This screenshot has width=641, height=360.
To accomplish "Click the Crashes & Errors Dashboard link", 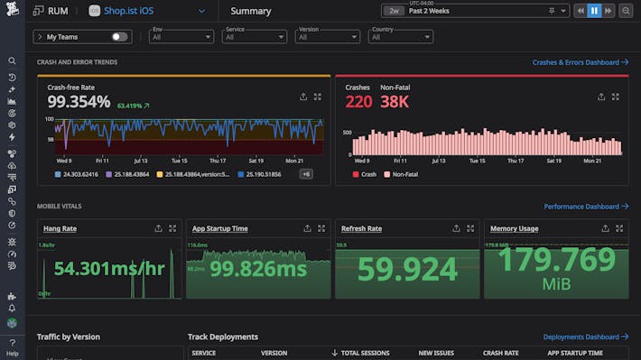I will point(580,62).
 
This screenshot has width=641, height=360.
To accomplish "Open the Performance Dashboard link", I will point(585,207).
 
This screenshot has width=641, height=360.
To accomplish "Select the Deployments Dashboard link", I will point(585,337).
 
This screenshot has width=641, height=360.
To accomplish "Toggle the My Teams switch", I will point(118,37).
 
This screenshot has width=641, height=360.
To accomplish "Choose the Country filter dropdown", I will point(401,37).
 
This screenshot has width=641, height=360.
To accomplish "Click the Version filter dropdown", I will point(328,37).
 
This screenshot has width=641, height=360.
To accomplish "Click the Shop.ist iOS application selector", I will point(148,12).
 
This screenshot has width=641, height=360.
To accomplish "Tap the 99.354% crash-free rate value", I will point(79,102).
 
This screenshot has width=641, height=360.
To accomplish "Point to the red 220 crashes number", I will point(358,102).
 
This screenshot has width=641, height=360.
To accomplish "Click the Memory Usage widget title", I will point(515,228).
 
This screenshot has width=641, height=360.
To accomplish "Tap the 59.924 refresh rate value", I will point(406,269).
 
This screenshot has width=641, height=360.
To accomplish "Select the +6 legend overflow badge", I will point(306,173).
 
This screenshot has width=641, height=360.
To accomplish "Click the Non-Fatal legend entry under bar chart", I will point(406,173).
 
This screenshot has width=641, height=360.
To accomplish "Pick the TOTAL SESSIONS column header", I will point(363,353).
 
